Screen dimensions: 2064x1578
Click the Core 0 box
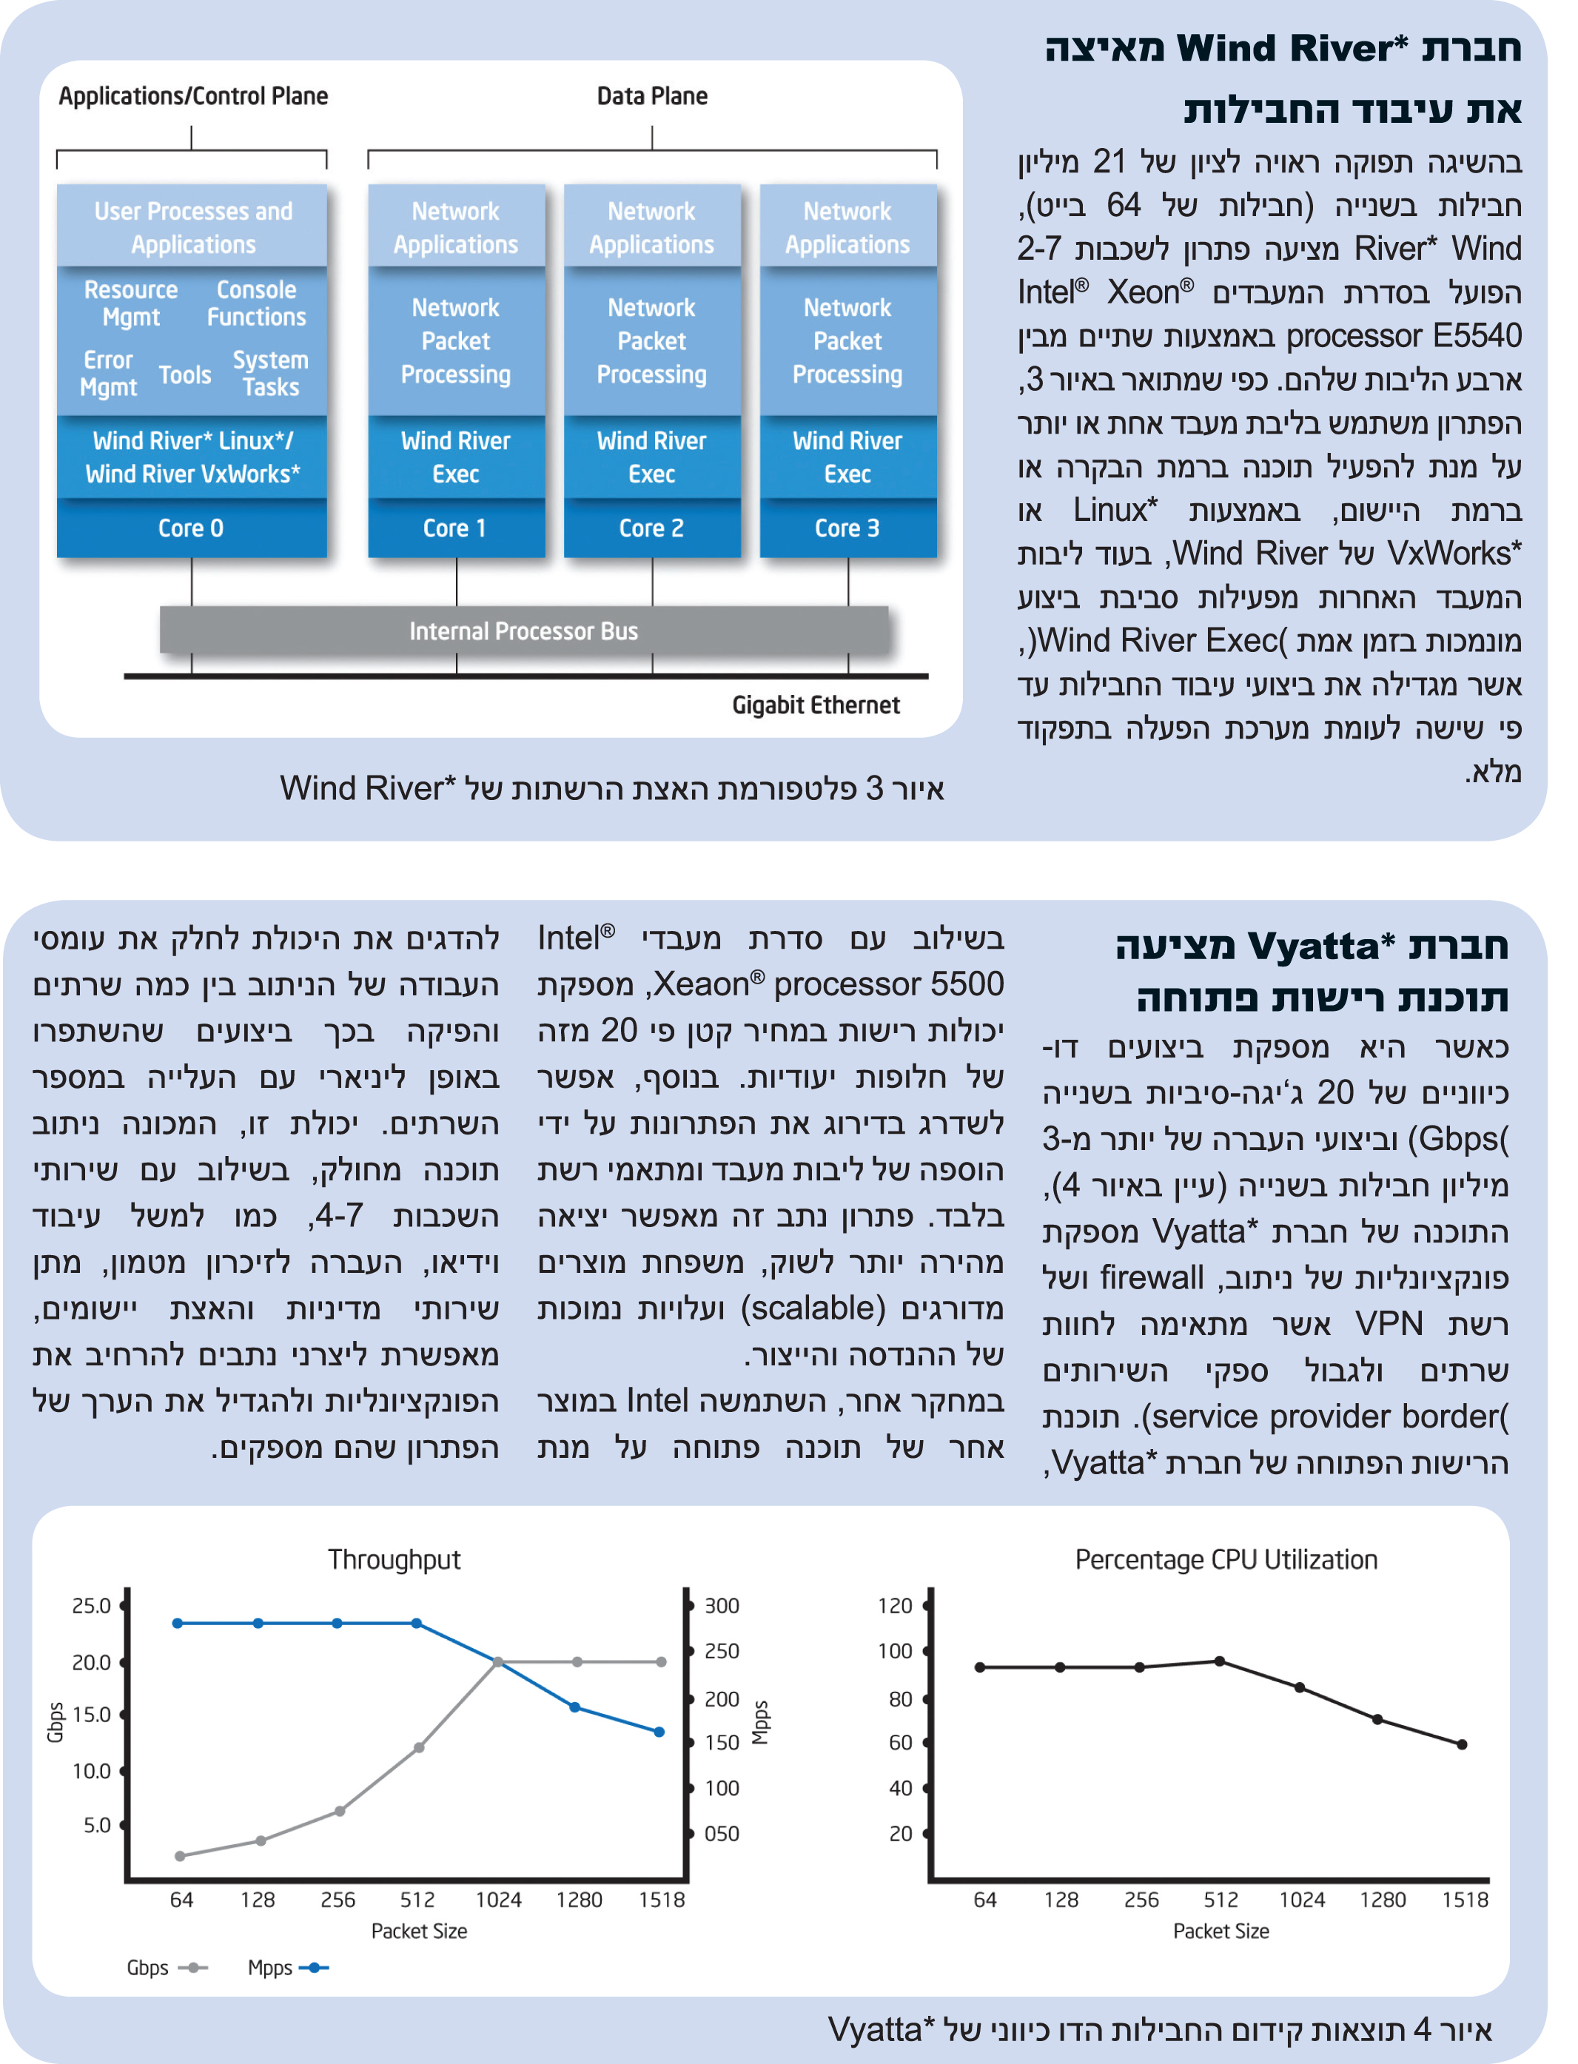192,528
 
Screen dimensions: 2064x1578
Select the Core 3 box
847,528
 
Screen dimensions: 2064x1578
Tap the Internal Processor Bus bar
523,631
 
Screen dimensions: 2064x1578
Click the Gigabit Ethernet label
816,705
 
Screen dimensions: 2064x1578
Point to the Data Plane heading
652,95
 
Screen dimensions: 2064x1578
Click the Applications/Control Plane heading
193,95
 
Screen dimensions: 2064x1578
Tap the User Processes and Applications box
192,227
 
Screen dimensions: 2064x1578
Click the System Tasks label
270,374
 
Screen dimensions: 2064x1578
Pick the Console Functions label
256,303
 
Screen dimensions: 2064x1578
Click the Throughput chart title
394,1560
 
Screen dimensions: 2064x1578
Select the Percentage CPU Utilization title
1226,1560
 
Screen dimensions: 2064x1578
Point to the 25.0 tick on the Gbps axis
91,1606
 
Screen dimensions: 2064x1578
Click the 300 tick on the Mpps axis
722,1606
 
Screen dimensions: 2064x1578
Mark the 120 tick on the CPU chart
894,1606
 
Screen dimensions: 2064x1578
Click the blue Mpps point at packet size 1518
659,1732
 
